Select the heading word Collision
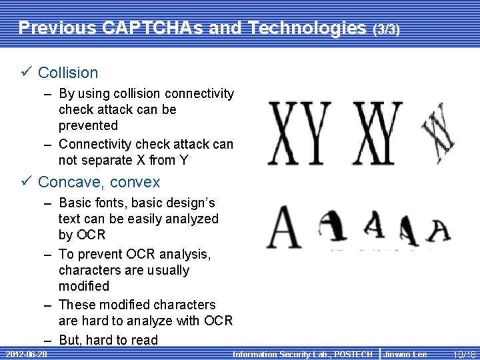click(x=68, y=73)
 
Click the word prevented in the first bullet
click(x=88, y=125)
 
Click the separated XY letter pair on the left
click(x=299, y=133)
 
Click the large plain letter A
click(x=284, y=227)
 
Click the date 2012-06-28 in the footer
click(x=25, y=354)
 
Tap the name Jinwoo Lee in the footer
click(x=405, y=354)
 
